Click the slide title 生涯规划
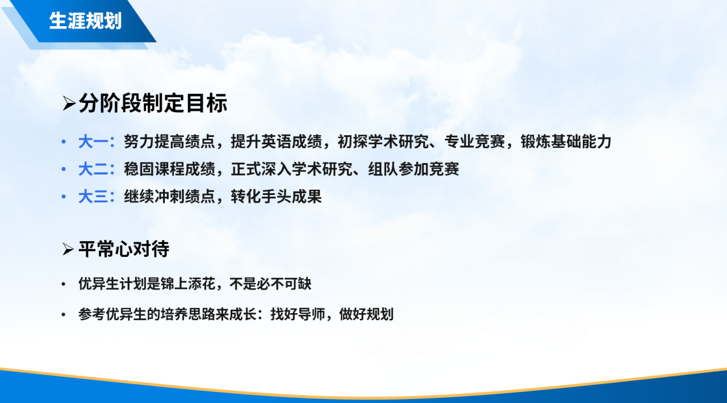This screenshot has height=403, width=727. [85, 21]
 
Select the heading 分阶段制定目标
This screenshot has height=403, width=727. [153, 103]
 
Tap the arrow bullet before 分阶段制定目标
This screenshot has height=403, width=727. [69, 104]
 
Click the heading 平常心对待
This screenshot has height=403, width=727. [124, 249]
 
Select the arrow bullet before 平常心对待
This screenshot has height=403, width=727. [69, 250]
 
